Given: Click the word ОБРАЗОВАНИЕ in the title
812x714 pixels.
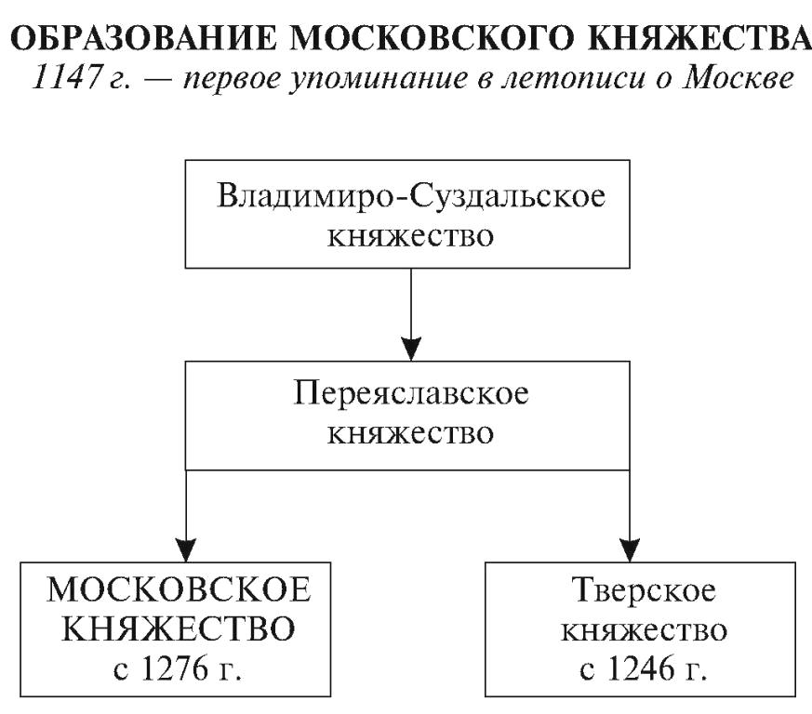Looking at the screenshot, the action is (144, 38).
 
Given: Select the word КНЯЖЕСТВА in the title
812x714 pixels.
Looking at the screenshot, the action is (699, 38).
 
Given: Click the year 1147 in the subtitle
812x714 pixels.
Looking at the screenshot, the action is (65, 78).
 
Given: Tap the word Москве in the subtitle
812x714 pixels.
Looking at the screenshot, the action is (738, 78).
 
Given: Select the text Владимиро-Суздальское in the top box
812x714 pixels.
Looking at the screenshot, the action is (411, 196).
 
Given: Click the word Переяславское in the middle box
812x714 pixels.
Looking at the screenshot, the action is (411, 393).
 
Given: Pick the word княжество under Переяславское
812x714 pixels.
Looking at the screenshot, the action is (410, 433).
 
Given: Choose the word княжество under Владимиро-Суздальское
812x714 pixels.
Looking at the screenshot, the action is (410, 236).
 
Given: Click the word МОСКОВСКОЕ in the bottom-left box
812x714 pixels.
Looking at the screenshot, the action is (179, 589).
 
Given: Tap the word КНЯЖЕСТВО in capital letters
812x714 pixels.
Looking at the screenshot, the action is (179, 628).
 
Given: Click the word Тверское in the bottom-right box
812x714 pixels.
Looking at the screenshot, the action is (644, 590).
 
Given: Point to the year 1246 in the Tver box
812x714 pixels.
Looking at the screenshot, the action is (641, 668).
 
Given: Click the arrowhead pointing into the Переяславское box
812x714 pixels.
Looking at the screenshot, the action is (411, 349).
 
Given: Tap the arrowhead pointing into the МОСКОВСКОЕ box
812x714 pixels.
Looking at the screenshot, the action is (186, 549).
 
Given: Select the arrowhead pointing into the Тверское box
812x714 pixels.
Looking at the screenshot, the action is (630, 549).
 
